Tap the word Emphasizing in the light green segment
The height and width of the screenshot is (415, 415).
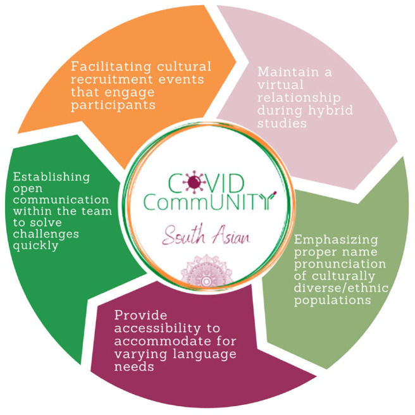click(x=335, y=240)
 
